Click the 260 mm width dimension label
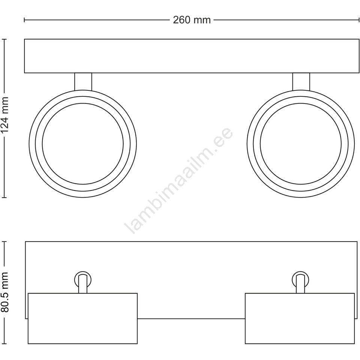pyautogui.click(x=192, y=20)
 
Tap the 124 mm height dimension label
pyautogui.click(x=4, y=115)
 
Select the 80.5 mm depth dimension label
pyautogui.click(x=4, y=292)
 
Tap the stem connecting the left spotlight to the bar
pyautogui.click(x=83, y=81)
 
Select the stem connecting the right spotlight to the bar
pyautogui.click(x=301, y=81)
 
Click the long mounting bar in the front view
pyautogui.click(x=192, y=56)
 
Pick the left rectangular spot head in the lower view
pyautogui.click(x=82, y=318)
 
